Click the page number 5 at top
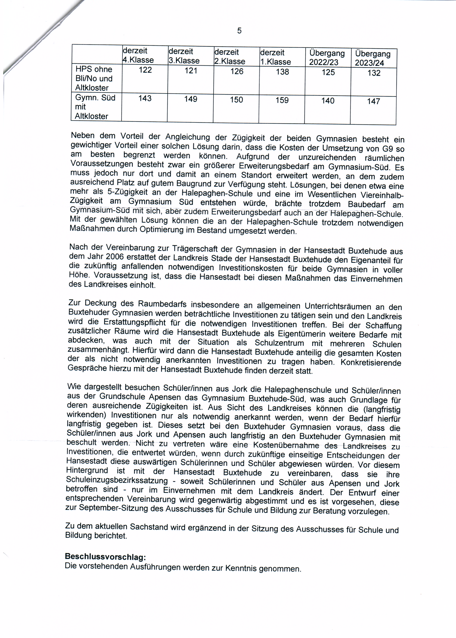(x=239, y=31)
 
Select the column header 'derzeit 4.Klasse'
(x=138, y=55)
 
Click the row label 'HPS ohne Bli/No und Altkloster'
(x=94, y=78)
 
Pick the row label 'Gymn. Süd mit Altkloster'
(x=95, y=107)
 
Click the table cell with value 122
(x=145, y=70)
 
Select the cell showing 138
(x=282, y=72)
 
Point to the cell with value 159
(x=282, y=100)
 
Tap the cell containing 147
(x=373, y=101)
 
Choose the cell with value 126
(x=237, y=71)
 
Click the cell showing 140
(x=328, y=101)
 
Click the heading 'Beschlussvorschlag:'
(x=105, y=556)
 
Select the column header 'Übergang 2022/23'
(x=327, y=58)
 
